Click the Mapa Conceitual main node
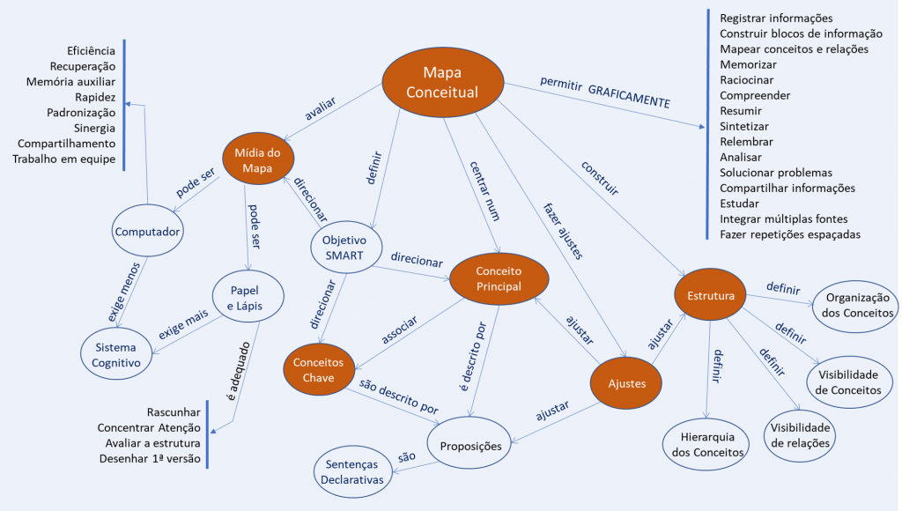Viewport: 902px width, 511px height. pyautogui.click(x=441, y=82)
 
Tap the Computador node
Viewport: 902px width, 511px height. pyautogui.click(x=148, y=232)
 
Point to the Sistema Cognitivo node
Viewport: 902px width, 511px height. pyautogui.click(x=116, y=355)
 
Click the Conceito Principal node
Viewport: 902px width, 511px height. pyautogui.click(x=499, y=278)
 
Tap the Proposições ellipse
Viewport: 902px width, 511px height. pyautogui.click(x=470, y=446)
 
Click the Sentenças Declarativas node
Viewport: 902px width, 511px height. pyautogui.click(x=355, y=471)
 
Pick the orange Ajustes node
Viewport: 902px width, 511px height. pyautogui.click(x=626, y=384)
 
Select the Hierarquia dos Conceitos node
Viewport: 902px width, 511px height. pyautogui.click(x=704, y=445)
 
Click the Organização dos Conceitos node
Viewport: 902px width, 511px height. pyautogui.click(x=855, y=305)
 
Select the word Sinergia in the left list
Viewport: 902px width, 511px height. pyautogui.click(x=93, y=128)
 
